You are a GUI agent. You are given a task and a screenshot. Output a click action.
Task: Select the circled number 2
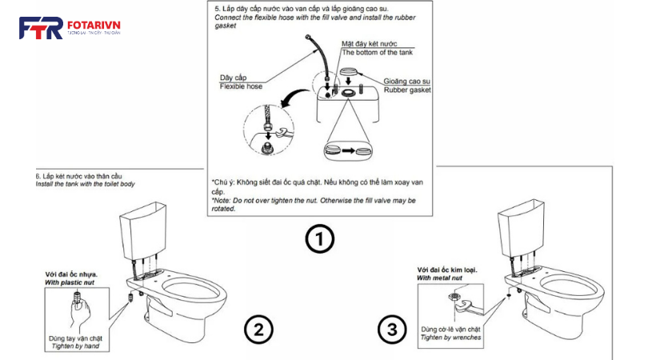click(259, 329)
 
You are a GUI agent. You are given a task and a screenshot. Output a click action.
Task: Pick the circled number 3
click(390, 329)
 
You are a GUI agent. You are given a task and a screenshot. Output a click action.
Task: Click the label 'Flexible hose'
click(241, 86)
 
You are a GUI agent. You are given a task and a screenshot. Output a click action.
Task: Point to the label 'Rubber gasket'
click(407, 90)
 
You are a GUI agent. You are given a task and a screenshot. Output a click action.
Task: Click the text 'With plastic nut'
click(73, 282)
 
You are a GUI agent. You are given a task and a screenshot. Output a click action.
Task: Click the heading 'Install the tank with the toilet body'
click(86, 184)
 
